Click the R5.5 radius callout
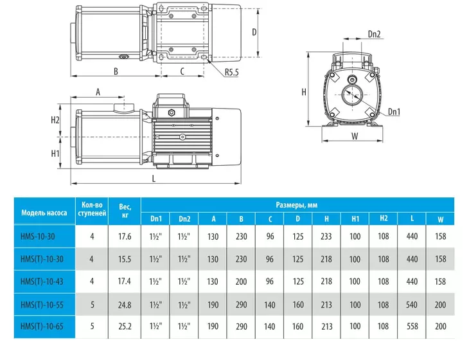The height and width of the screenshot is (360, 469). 231,72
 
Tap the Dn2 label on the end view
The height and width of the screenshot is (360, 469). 374,34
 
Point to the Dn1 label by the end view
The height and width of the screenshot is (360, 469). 394,112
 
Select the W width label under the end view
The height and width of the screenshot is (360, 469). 355,136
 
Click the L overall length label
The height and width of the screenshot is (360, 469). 154,179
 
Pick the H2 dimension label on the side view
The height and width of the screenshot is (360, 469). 55,120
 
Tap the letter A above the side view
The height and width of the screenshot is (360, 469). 98,92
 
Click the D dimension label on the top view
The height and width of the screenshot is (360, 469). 254,32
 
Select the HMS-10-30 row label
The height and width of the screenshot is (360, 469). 38,237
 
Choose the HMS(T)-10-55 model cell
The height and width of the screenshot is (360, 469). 42,305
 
